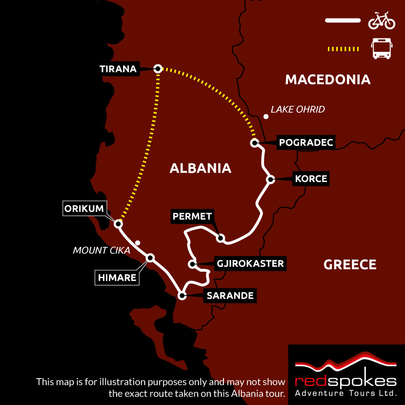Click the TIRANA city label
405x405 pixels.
(x=118, y=69)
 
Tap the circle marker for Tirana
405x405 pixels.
(x=158, y=69)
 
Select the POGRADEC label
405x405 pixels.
(x=305, y=142)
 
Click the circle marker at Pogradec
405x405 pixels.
(x=254, y=143)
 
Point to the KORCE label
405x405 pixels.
(x=311, y=179)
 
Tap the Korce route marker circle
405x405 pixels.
(x=270, y=180)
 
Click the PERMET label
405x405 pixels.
(x=192, y=216)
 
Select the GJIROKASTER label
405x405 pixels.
(x=250, y=264)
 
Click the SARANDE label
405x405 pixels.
(x=230, y=295)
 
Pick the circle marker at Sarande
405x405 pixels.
(x=182, y=295)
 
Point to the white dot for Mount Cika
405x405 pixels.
(x=138, y=243)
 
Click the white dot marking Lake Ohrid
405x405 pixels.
(x=265, y=117)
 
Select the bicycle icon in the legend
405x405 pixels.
(x=381, y=21)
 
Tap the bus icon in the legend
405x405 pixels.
(x=381, y=49)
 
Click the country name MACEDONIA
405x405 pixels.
(x=327, y=80)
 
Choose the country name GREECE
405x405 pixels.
(x=350, y=264)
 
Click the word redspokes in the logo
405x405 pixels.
(x=346, y=381)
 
